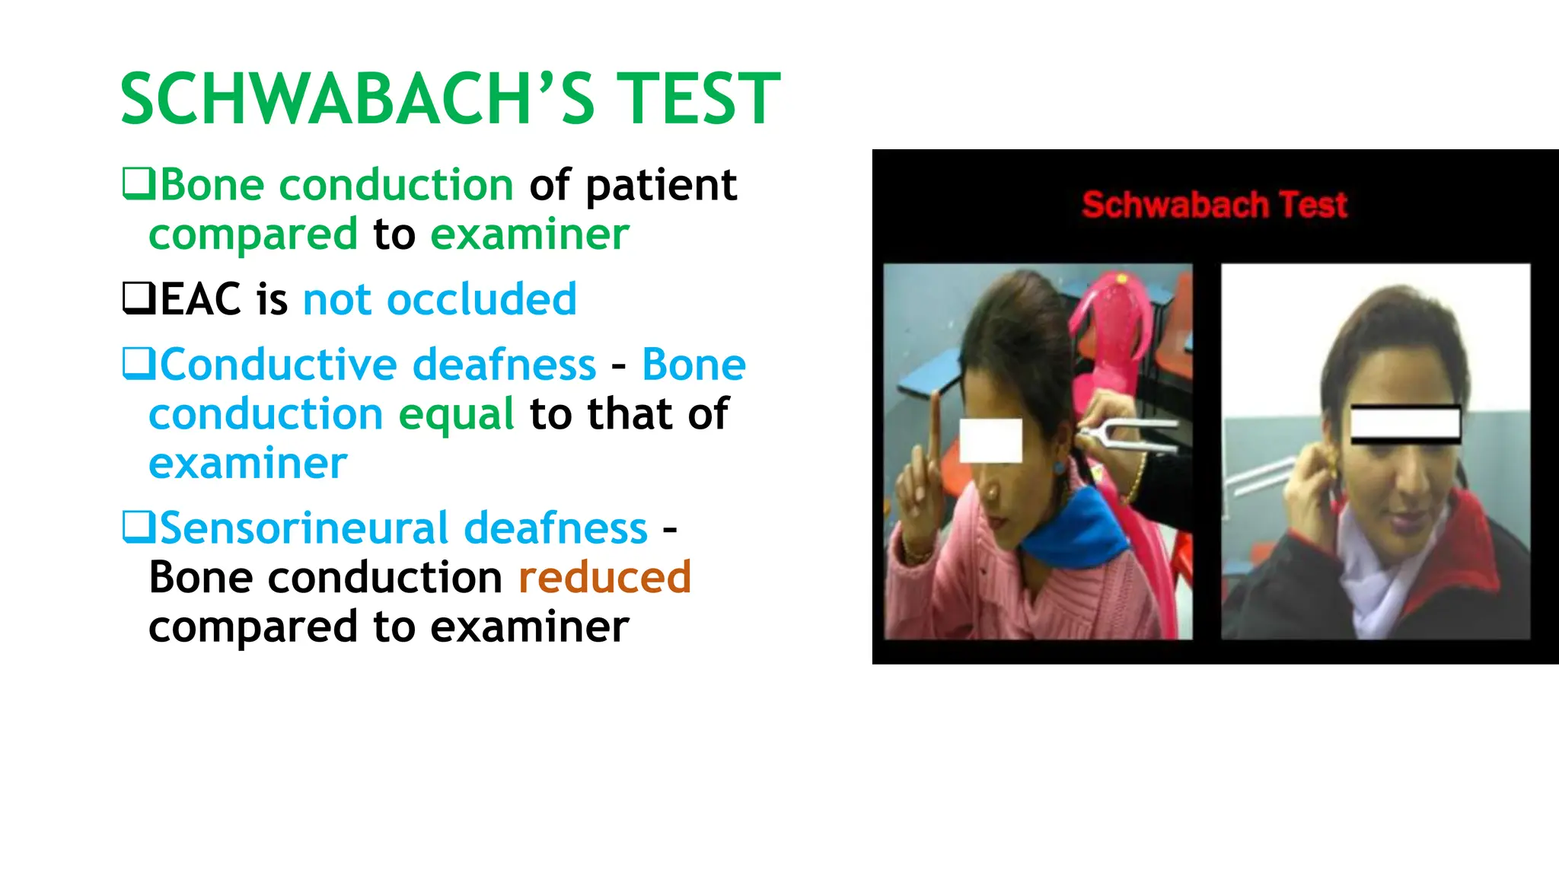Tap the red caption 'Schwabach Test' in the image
click(1214, 205)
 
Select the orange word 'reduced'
click(604, 577)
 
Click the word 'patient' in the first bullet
click(661, 186)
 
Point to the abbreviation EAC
click(201, 299)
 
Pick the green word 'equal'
click(457, 414)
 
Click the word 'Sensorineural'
click(304, 528)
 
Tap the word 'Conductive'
click(279, 365)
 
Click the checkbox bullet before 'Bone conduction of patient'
click(139, 184)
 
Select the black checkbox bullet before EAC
click(139, 298)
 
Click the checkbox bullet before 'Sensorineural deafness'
click(139, 527)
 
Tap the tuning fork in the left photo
click(1127, 431)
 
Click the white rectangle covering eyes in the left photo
click(990, 440)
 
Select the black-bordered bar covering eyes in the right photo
click(1405, 424)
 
